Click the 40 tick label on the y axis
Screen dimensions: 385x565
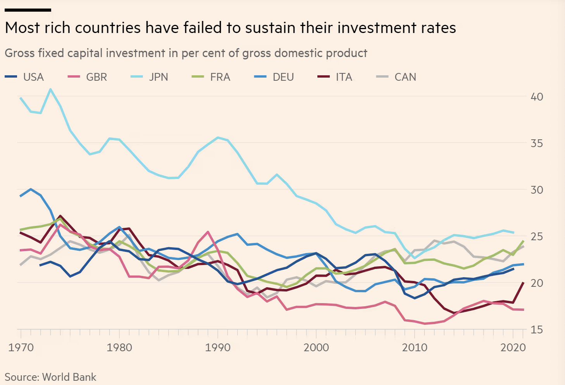pos(537,97)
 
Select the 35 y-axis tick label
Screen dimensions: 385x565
pos(537,143)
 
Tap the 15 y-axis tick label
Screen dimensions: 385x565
pos(537,330)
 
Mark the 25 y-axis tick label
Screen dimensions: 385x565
pos(537,236)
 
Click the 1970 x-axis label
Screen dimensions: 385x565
pos(21,347)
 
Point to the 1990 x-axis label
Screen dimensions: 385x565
pos(218,347)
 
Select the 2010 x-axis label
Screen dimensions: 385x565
pos(415,347)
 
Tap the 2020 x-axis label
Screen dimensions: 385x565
pos(513,347)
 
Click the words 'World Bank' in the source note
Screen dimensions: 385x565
pos(69,377)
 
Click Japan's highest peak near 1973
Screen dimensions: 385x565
pos(50,89)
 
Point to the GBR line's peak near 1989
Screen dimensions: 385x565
pos(208,232)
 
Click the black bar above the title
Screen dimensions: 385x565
pos(28,10)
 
